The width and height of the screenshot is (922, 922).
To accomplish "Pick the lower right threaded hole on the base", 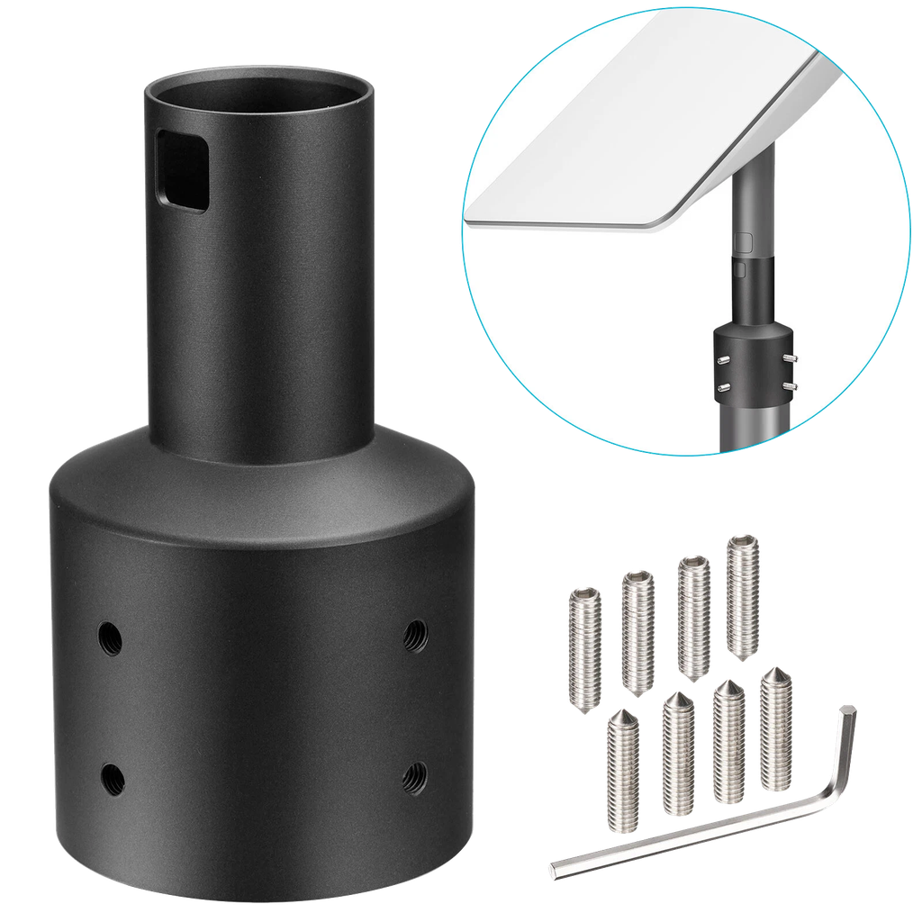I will coord(414,773).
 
